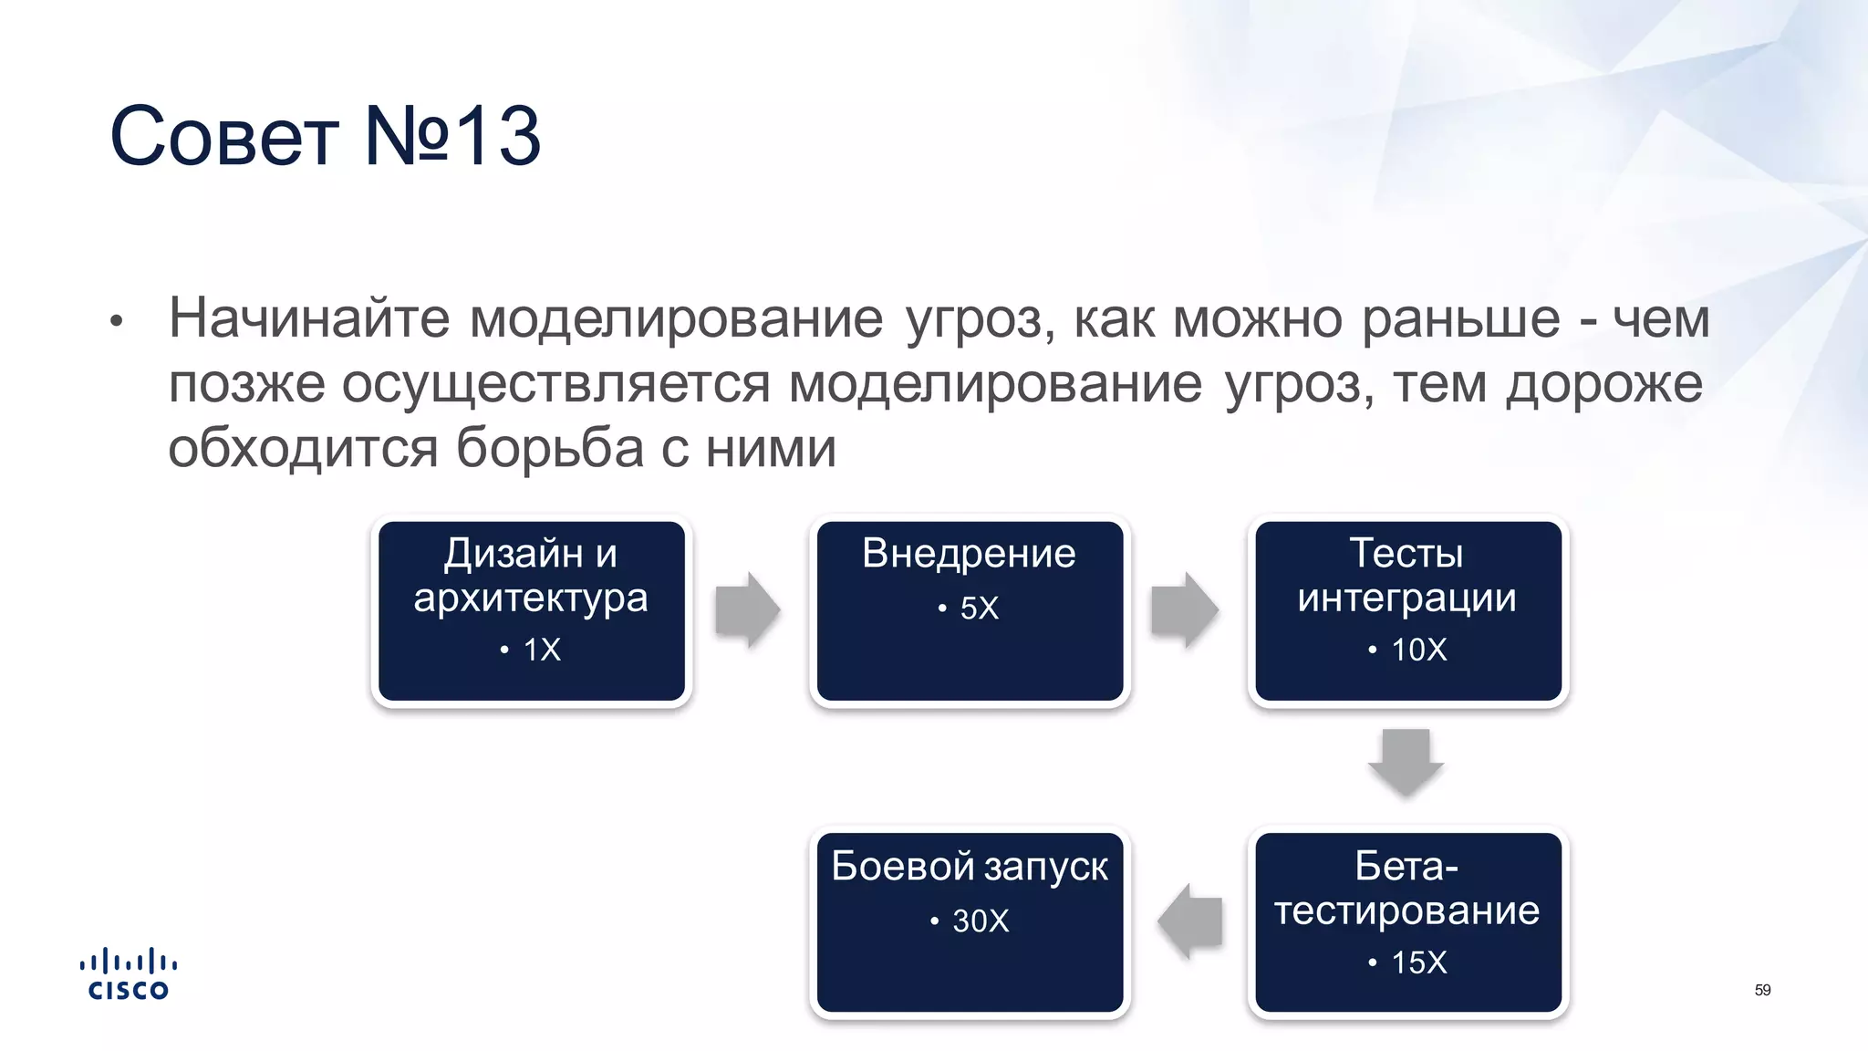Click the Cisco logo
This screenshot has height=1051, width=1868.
coord(128,974)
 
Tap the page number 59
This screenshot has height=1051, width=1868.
coord(1762,990)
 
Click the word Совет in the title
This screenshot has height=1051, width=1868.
coord(223,137)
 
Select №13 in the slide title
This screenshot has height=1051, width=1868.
coord(452,137)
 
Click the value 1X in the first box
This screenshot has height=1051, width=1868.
coord(541,650)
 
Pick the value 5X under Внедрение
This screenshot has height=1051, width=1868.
coord(979,609)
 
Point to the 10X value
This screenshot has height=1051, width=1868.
coord(1418,650)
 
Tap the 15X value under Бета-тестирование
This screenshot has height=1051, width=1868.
coord(1418,963)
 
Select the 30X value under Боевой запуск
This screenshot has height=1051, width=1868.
coord(980,921)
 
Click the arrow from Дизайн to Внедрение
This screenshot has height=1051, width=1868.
coord(747,609)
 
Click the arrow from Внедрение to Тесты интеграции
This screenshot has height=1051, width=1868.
coord(1184,609)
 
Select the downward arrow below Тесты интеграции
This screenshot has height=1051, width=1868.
coord(1406,762)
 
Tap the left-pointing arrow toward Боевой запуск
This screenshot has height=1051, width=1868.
coord(1190,921)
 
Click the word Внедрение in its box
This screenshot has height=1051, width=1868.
coord(969,554)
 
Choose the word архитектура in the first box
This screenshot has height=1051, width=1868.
coord(530,599)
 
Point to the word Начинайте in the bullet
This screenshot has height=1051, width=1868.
coord(309,319)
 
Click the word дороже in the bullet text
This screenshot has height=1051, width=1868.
coord(1603,384)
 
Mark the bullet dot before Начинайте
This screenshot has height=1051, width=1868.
coord(116,322)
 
